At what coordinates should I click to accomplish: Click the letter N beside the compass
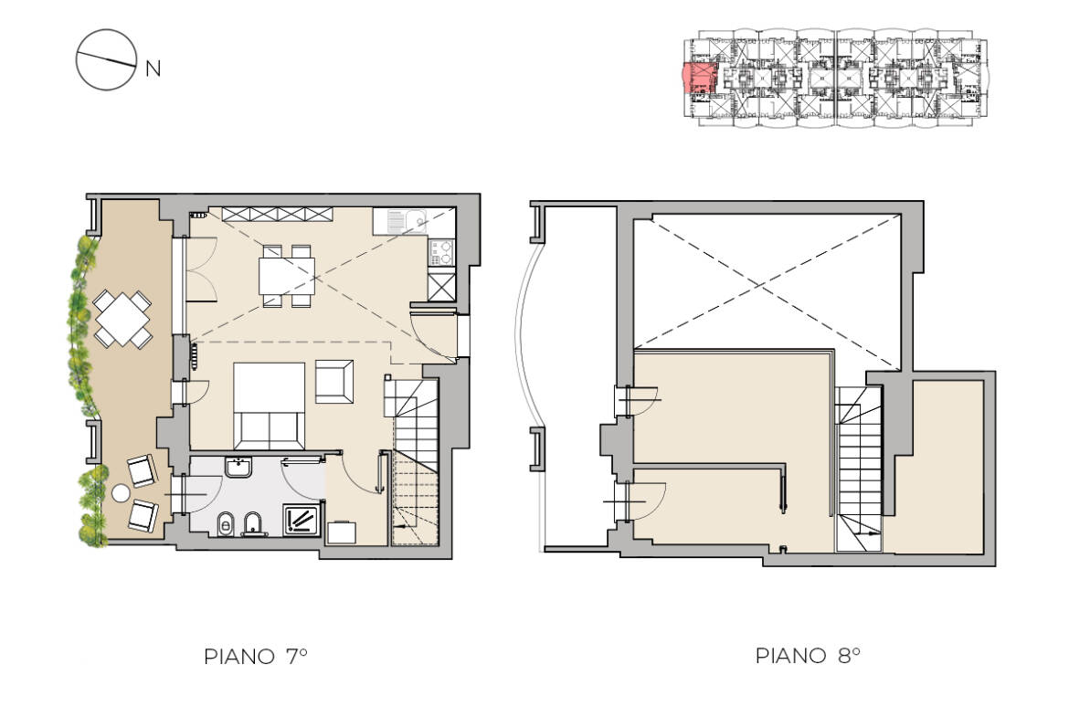[x=153, y=69]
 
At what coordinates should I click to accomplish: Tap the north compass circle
[x=105, y=60]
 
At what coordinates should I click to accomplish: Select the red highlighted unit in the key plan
[x=700, y=79]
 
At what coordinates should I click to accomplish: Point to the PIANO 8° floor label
[x=808, y=656]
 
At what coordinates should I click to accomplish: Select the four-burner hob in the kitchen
[x=441, y=252]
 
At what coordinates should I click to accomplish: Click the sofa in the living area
[x=270, y=403]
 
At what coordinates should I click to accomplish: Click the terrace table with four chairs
[x=122, y=318]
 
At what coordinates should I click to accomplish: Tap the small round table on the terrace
[x=122, y=494]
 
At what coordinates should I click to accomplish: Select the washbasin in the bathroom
[x=239, y=468]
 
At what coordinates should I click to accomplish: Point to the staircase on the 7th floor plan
[x=416, y=461]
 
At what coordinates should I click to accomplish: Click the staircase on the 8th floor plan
[x=859, y=466]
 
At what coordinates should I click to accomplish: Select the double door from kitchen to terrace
[x=199, y=269]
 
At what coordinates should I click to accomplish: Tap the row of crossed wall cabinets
[x=277, y=214]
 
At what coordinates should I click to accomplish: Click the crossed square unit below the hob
[x=441, y=286]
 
